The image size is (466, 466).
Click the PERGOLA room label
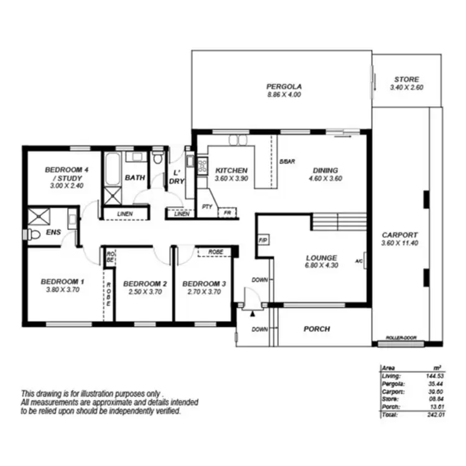click(x=284, y=86)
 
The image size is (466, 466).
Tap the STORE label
click(x=406, y=80)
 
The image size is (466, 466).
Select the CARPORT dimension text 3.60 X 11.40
click(x=400, y=244)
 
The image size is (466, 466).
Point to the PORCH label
click(x=316, y=329)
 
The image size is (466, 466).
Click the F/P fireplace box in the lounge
click(x=262, y=240)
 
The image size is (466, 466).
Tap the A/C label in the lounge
click(x=359, y=261)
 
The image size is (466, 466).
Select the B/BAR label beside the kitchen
click(x=286, y=162)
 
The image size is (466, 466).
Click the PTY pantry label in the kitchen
click(x=206, y=206)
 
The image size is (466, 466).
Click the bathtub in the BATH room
click(x=112, y=168)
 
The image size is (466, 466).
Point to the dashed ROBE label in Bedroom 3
click(x=215, y=252)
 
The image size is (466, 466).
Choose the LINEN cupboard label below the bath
click(x=132, y=215)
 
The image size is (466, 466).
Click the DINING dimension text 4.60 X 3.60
click(x=326, y=179)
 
